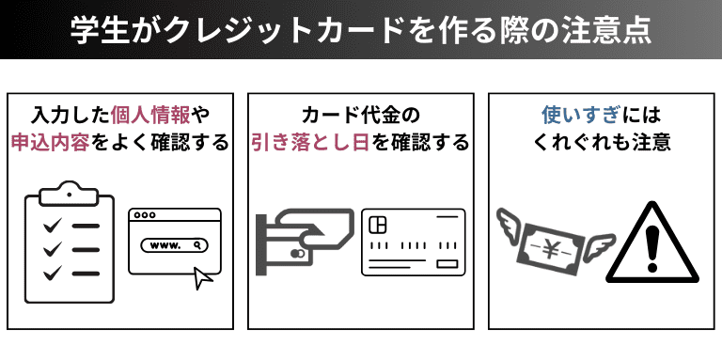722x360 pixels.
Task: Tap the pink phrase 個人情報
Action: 150,116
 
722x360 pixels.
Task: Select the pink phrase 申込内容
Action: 51,143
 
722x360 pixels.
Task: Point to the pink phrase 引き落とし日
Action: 310,143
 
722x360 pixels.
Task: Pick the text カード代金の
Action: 361,116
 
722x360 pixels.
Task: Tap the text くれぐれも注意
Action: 602,143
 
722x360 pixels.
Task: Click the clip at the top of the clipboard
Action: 69,194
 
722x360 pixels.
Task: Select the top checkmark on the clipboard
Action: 53,226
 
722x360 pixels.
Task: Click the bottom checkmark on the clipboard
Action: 53,273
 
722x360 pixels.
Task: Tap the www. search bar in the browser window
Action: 175,245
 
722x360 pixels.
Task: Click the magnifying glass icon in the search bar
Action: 197,245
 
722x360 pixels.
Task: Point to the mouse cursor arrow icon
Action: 203,278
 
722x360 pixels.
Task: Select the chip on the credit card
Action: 378,225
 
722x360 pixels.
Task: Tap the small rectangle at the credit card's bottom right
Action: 447,264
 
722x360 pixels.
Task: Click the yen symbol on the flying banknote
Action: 549,249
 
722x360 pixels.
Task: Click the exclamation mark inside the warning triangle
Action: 651,249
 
